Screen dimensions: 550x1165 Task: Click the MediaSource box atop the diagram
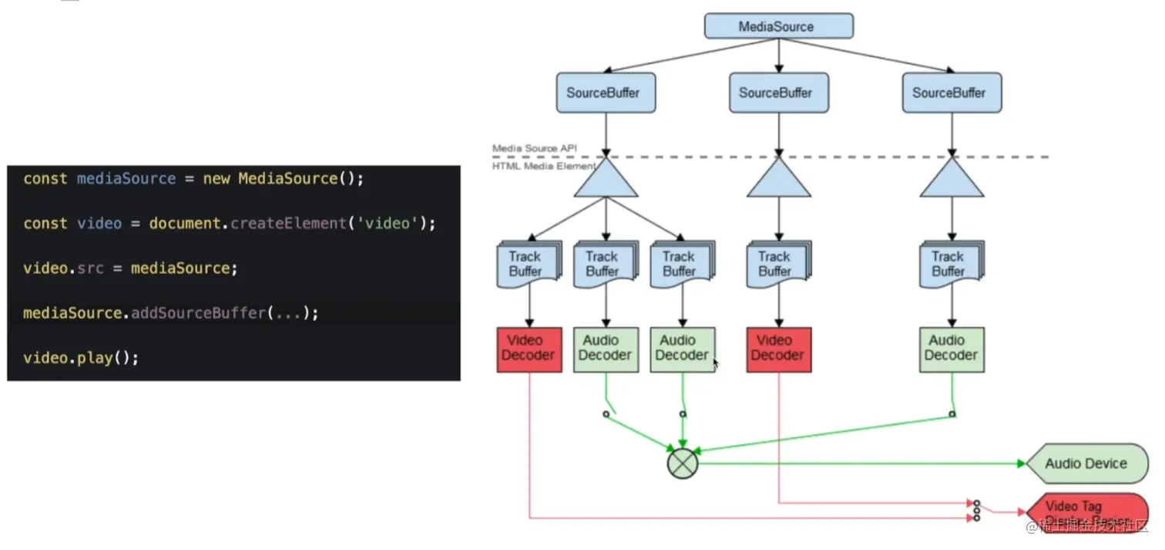778,26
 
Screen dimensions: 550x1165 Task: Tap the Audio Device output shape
1086,464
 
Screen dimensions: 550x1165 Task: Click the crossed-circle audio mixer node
682,464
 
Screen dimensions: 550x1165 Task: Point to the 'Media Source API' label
534,148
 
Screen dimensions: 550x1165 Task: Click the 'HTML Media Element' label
543,166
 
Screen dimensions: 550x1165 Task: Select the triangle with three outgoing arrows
606,179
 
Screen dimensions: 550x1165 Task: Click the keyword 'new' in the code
217,179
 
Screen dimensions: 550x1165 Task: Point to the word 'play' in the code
95,358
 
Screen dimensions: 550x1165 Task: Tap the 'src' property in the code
90,268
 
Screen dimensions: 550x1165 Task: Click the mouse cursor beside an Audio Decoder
716,363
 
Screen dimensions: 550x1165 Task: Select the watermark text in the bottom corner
1087,527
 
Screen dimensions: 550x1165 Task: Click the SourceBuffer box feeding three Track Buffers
606,93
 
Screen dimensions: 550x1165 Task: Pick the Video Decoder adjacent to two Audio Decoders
529,349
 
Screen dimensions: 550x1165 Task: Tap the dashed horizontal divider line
848,157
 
